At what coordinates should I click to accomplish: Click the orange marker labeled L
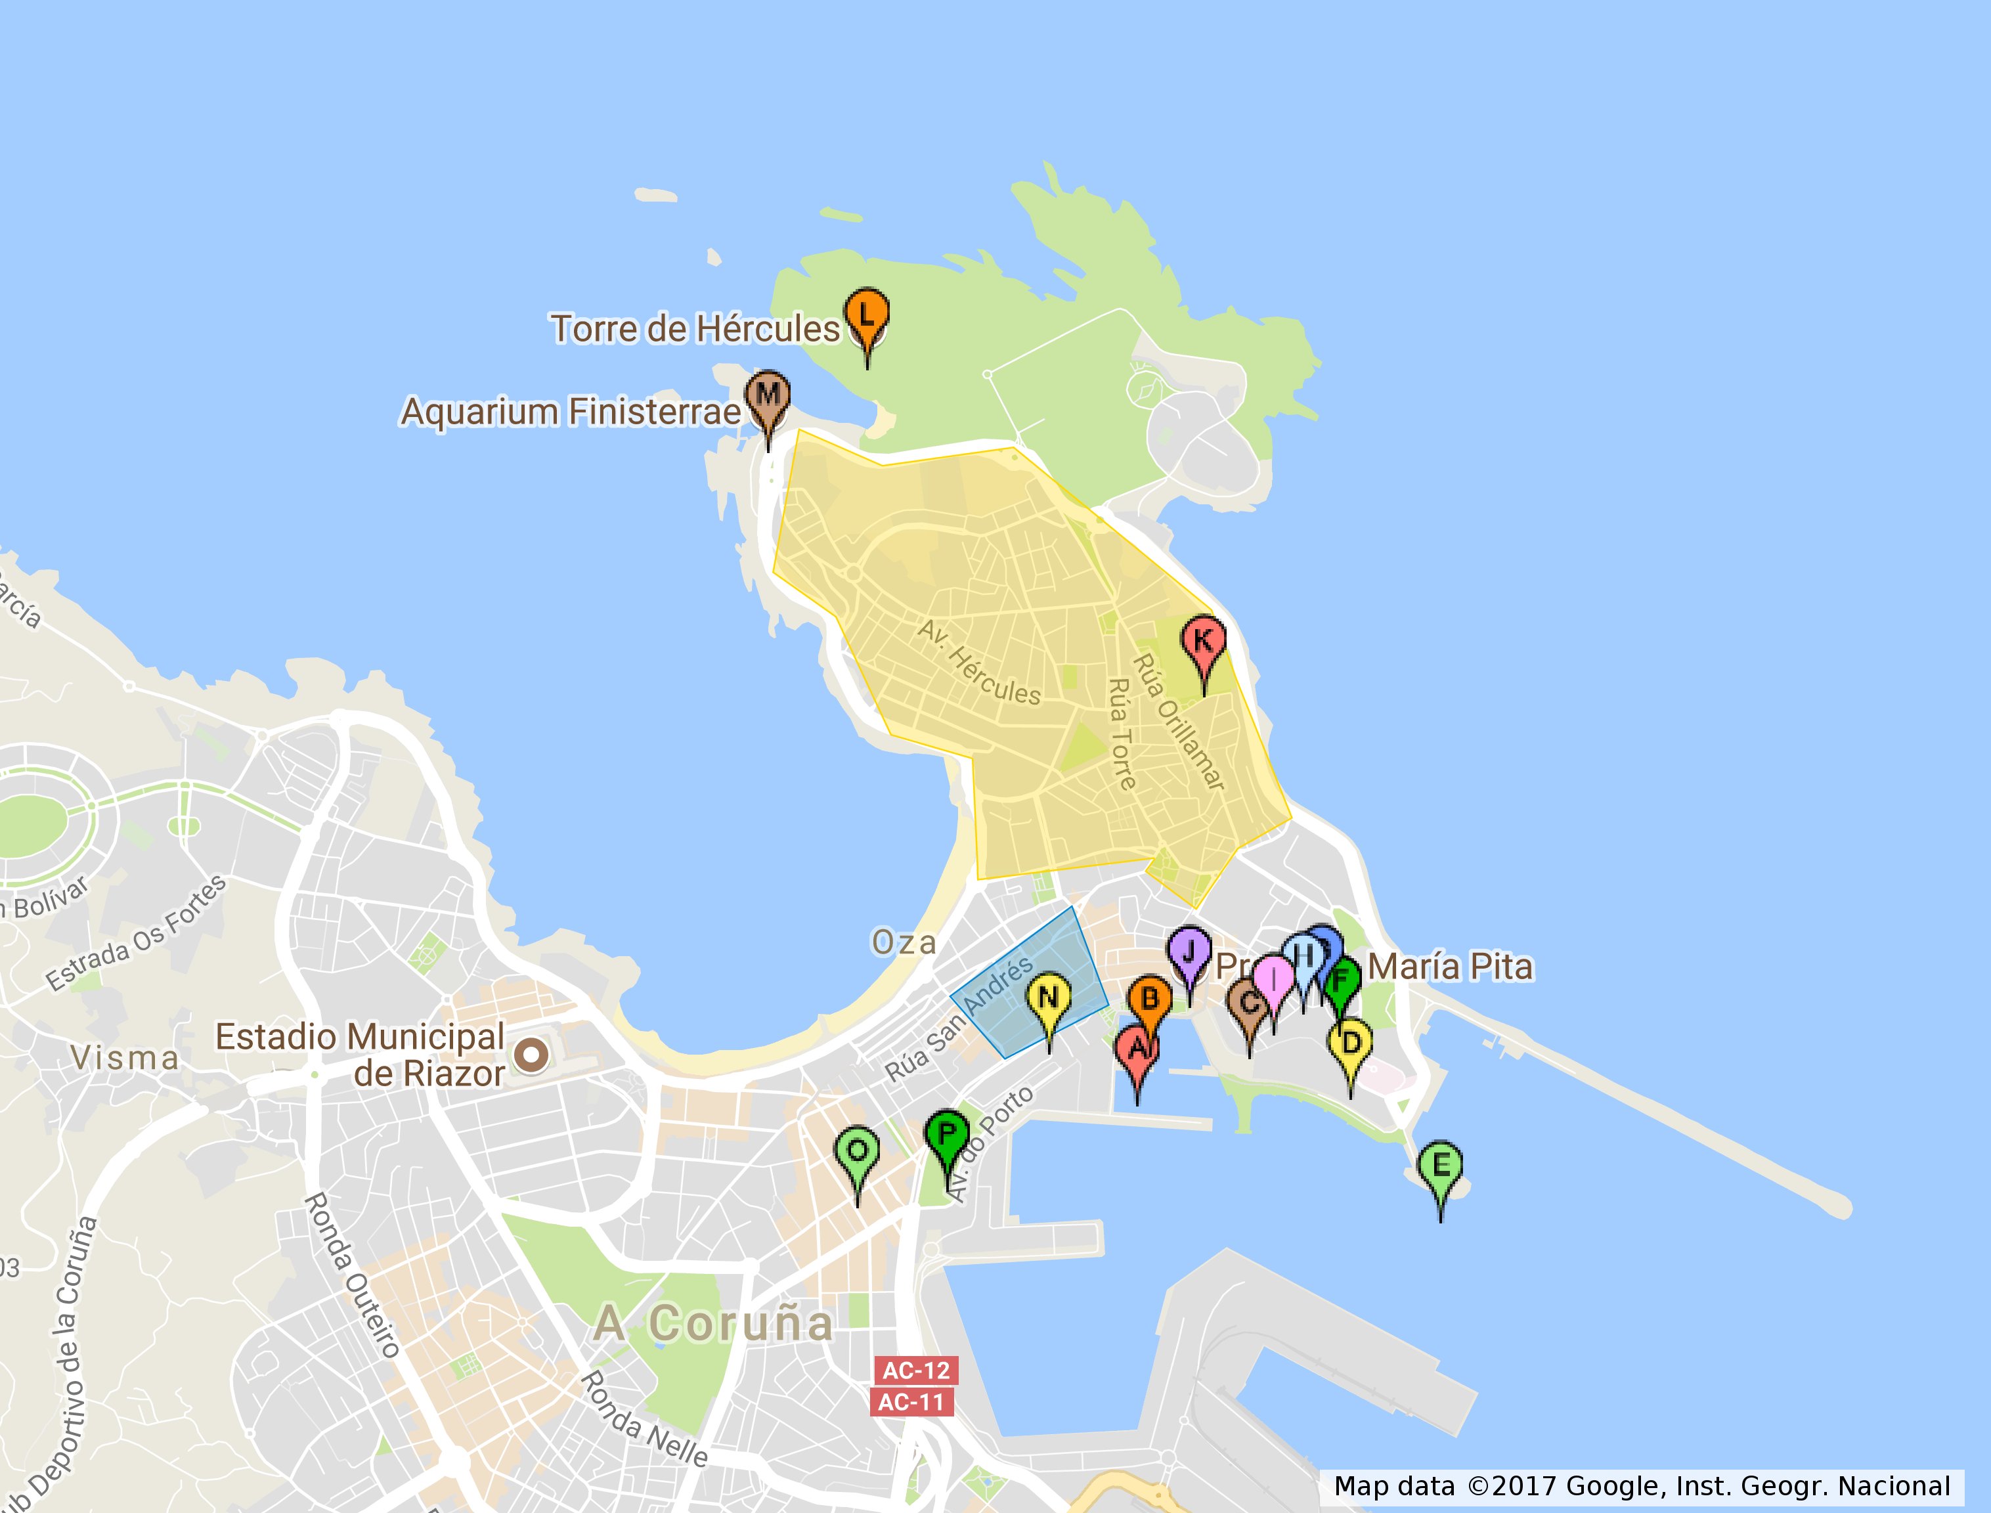(x=866, y=315)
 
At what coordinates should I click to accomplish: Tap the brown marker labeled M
(x=767, y=395)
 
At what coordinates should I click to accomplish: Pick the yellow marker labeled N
(x=1048, y=998)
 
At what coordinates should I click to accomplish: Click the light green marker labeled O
(x=858, y=1151)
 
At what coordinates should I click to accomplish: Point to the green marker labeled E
(x=1440, y=1166)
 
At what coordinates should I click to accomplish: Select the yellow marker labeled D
(x=1350, y=1043)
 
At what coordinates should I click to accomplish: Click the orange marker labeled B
(x=1149, y=999)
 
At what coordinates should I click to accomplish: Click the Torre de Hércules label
(x=695, y=330)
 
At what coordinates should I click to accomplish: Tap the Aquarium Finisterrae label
(x=570, y=412)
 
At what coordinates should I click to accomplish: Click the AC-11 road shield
(x=911, y=1402)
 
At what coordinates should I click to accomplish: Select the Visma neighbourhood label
(x=125, y=1058)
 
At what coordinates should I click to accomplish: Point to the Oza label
(x=904, y=943)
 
